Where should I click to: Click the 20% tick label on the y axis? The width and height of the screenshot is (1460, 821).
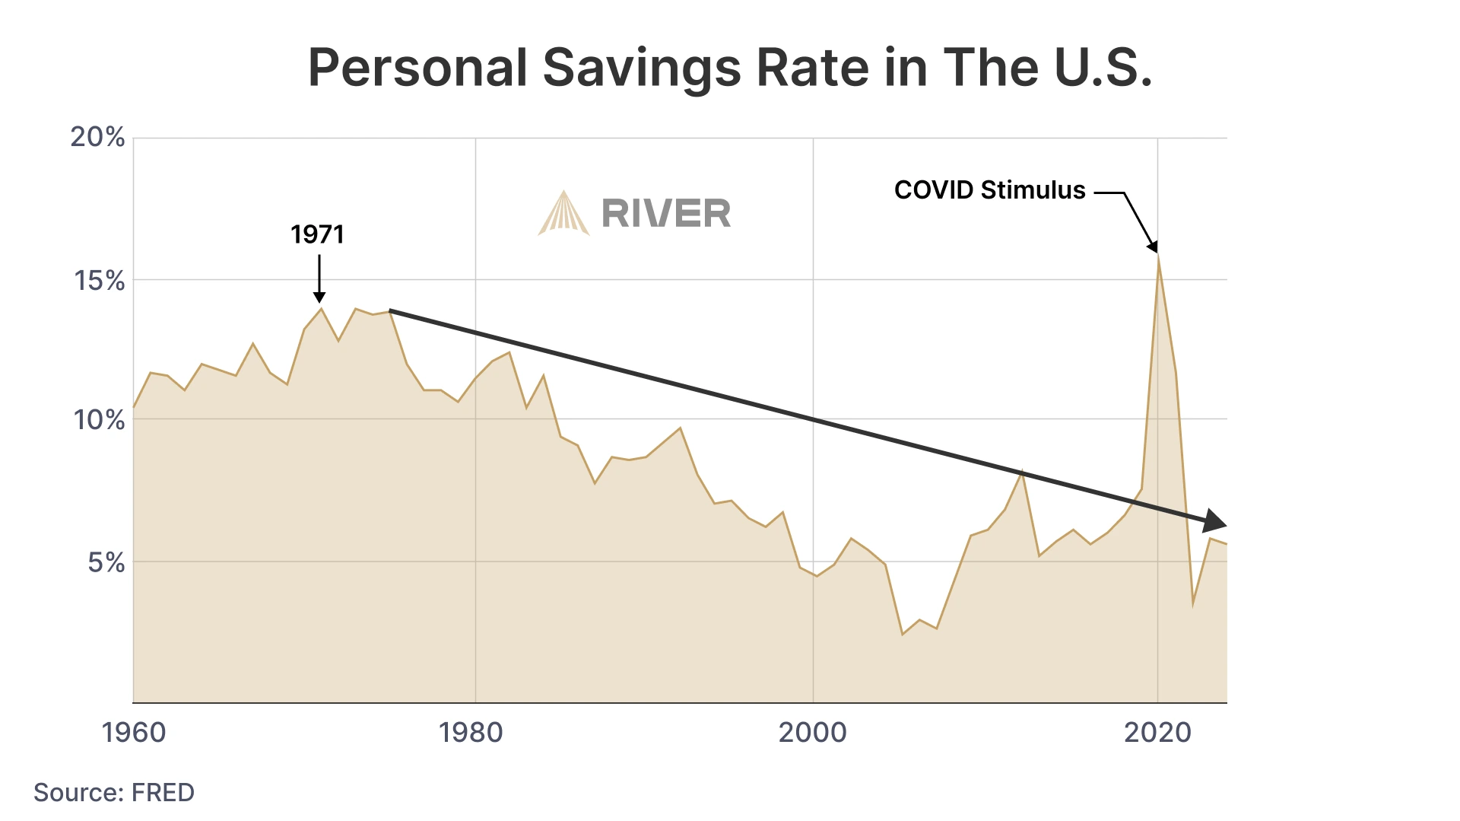pyautogui.click(x=97, y=137)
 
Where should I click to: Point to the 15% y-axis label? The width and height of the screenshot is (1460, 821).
pyautogui.click(x=99, y=281)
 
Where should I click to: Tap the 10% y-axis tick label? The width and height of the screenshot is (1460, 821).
pyautogui.click(x=99, y=419)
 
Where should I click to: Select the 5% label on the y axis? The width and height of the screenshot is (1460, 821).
pyautogui.click(x=106, y=563)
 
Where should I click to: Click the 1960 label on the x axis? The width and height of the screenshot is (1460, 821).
pyautogui.click(x=134, y=732)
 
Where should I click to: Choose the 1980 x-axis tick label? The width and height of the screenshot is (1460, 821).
pyautogui.click(x=471, y=732)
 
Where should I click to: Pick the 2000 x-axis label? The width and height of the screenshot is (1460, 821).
pyautogui.click(x=812, y=732)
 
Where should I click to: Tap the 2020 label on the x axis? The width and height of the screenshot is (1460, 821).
pyautogui.click(x=1157, y=732)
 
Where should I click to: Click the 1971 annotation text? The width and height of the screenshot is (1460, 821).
pyautogui.click(x=317, y=234)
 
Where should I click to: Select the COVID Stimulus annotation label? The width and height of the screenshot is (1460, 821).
pyautogui.click(x=989, y=190)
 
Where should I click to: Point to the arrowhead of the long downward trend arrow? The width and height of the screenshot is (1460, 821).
pyautogui.click(x=1214, y=521)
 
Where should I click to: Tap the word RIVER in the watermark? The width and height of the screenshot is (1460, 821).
pyautogui.click(x=666, y=213)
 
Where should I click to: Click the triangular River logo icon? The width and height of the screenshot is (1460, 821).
pyautogui.click(x=563, y=213)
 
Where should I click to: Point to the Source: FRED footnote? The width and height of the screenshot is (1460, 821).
pyautogui.click(x=114, y=792)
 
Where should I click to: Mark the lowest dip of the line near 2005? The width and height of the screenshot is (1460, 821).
pyautogui.click(x=903, y=634)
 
